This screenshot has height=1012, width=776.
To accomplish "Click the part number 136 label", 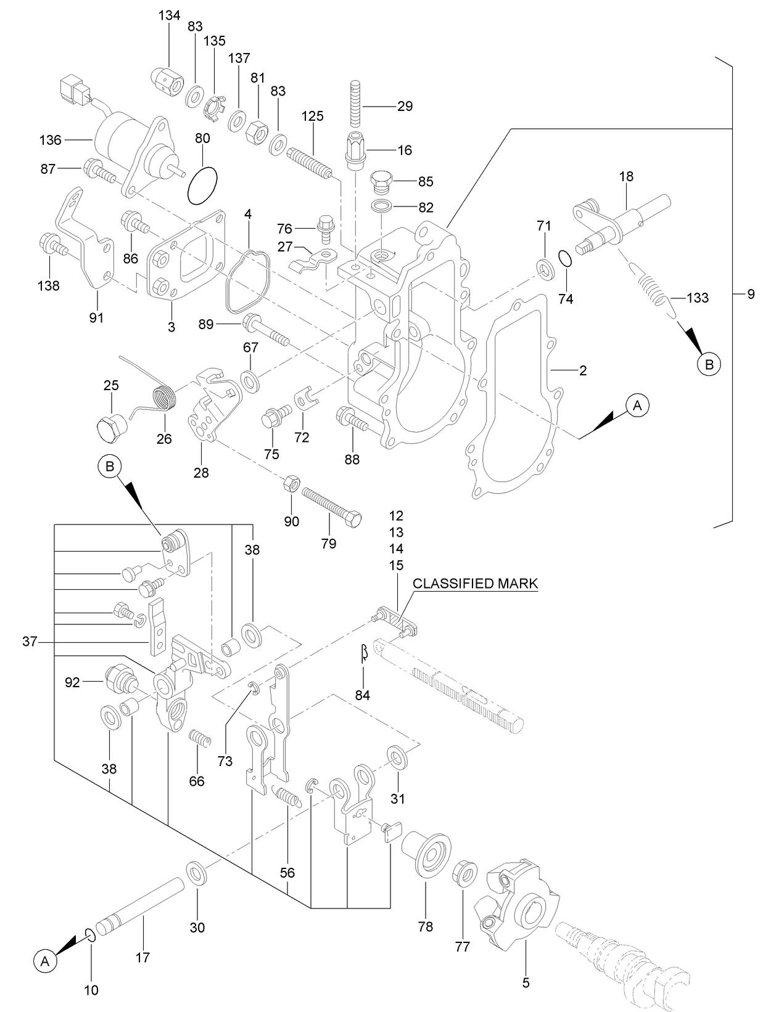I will [50, 141].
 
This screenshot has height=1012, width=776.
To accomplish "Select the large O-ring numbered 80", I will [202, 186].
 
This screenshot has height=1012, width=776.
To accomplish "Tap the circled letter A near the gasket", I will [638, 406].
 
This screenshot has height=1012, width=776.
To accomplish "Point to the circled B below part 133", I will [709, 364].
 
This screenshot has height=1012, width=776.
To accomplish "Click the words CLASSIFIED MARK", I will [475, 584].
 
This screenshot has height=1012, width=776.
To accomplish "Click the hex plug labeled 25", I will [112, 429].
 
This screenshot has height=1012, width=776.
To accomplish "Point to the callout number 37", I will [30, 642].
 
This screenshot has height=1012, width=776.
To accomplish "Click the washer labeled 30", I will [197, 873].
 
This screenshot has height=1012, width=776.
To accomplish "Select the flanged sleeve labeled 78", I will [426, 854].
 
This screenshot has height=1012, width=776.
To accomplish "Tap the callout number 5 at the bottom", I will [526, 983].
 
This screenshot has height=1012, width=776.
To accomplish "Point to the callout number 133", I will [698, 298].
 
